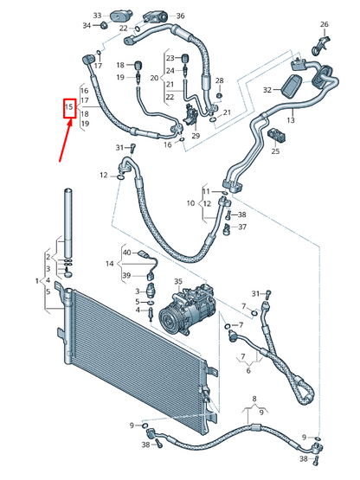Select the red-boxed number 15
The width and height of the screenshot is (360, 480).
(x=72, y=107)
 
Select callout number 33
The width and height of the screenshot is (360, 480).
(x=97, y=16)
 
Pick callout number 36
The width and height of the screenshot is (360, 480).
(x=179, y=16)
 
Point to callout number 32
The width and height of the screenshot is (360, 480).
(x=268, y=89)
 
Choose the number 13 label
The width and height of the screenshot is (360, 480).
(x=291, y=120)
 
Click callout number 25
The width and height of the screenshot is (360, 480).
(x=275, y=151)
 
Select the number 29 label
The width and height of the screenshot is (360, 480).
(x=195, y=137)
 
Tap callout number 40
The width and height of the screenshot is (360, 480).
(x=126, y=252)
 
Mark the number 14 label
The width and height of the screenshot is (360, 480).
(x=110, y=263)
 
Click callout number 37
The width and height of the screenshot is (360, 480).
(x=242, y=227)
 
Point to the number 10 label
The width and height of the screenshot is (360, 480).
(x=190, y=204)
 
